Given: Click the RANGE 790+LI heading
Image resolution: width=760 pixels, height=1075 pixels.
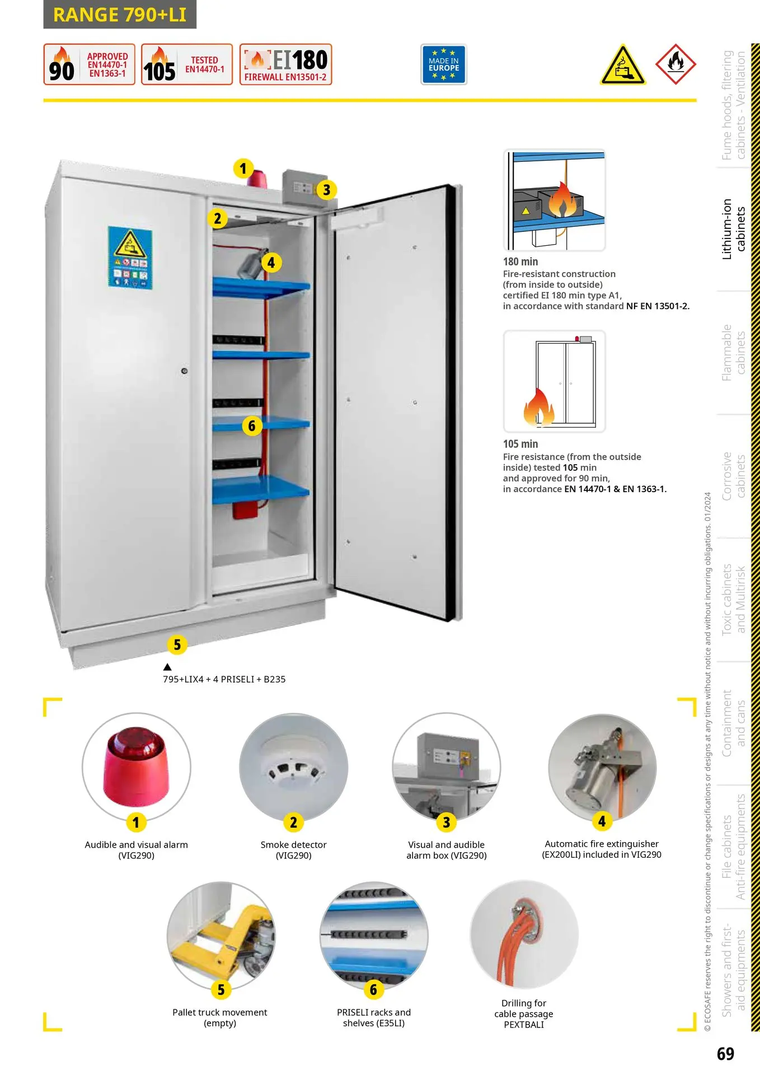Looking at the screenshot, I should pyautogui.click(x=120, y=15).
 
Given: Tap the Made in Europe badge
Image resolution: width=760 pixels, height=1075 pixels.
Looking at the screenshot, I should pyautogui.click(x=443, y=64).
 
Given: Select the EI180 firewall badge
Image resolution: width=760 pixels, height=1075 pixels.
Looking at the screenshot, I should pyautogui.click(x=285, y=64).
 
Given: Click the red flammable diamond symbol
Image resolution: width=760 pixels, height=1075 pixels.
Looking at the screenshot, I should pyautogui.click(x=675, y=64).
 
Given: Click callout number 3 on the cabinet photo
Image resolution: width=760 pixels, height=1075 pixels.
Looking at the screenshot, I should pyautogui.click(x=326, y=190).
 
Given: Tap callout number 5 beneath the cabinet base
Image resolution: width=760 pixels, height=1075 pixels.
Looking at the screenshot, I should pyautogui.click(x=177, y=644).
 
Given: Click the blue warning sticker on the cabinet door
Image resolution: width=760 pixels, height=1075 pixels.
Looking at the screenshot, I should pyautogui.click(x=130, y=258).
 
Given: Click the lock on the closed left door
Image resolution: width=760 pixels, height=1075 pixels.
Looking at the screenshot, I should pyautogui.click(x=184, y=371).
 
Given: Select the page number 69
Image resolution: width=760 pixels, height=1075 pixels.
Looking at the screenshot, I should pyautogui.click(x=725, y=1054).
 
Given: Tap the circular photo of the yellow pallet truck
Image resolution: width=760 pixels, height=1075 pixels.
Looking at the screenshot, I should pyautogui.click(x=221, y=936).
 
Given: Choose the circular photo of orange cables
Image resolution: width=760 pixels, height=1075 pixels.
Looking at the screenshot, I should pyautogui.click(x=524, y=934).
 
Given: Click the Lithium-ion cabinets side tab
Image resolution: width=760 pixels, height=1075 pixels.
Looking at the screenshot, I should pyautogui.click(x=733, y=229).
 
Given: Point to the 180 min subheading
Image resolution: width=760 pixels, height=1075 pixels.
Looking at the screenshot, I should pyautogui.click(x=520, y=261).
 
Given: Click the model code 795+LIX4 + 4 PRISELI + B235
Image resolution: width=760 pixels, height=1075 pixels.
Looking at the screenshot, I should pyautogui.click(x=224, y=679).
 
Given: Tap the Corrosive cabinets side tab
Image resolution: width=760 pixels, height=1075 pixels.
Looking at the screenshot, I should pyautogui.click(x=733, y=476).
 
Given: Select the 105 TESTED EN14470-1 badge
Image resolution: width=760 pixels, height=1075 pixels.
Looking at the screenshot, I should pyautogui.click(x=186, y=64).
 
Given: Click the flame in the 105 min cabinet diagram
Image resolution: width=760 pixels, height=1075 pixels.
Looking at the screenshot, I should pyautogui.click(x=538, y=407).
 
